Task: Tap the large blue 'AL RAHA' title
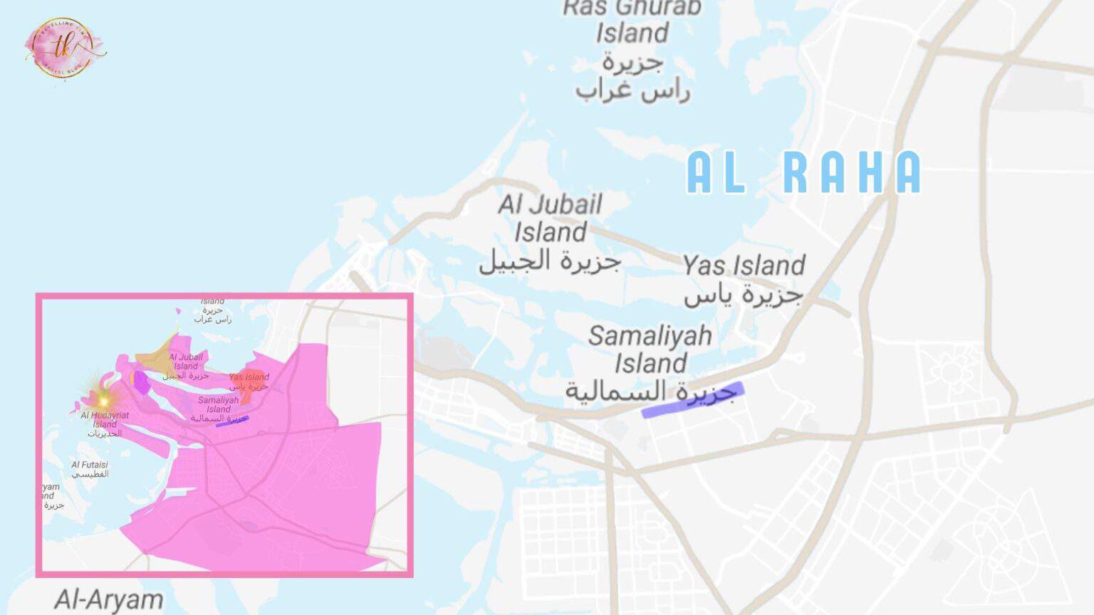point(803,173)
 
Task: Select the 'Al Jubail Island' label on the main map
point(551,218)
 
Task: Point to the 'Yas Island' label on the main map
point(744,266)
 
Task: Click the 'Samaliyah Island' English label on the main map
point(650,349)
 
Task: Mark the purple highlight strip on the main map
point(692,400)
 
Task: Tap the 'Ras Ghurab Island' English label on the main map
point(632,21)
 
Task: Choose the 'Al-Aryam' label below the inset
point(109,599)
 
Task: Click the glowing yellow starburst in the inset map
point(104,401)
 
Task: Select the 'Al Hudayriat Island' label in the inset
point(105,419)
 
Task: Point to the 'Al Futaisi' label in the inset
point(90,465)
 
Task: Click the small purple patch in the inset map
point(142,382)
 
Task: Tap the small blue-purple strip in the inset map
point(233,420)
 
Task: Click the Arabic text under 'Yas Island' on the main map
point(744,293)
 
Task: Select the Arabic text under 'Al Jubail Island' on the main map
point(550,261)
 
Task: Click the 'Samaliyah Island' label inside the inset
point(219,404)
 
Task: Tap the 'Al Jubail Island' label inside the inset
point(186,362)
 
